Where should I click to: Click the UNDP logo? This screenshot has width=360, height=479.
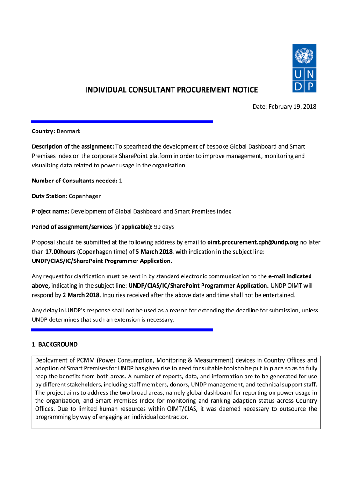click(304, 68)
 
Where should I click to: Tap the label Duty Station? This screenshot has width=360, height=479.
click(50, 196)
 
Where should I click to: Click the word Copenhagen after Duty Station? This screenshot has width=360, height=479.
click(85, 196)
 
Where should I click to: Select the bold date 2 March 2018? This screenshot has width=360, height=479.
click(81, 295)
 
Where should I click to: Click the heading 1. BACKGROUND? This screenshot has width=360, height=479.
click(54, 345)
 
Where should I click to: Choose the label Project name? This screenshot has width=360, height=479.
click(50, 211)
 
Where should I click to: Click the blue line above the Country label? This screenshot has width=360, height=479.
click(122, 122)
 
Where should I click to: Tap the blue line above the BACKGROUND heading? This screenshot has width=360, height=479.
click(122, 330)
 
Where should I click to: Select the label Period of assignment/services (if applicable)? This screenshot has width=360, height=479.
click(92, 227)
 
